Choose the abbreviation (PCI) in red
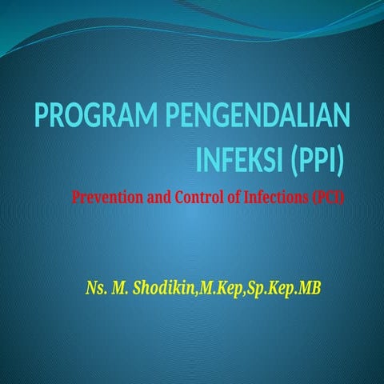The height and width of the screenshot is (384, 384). coord(326,197)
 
